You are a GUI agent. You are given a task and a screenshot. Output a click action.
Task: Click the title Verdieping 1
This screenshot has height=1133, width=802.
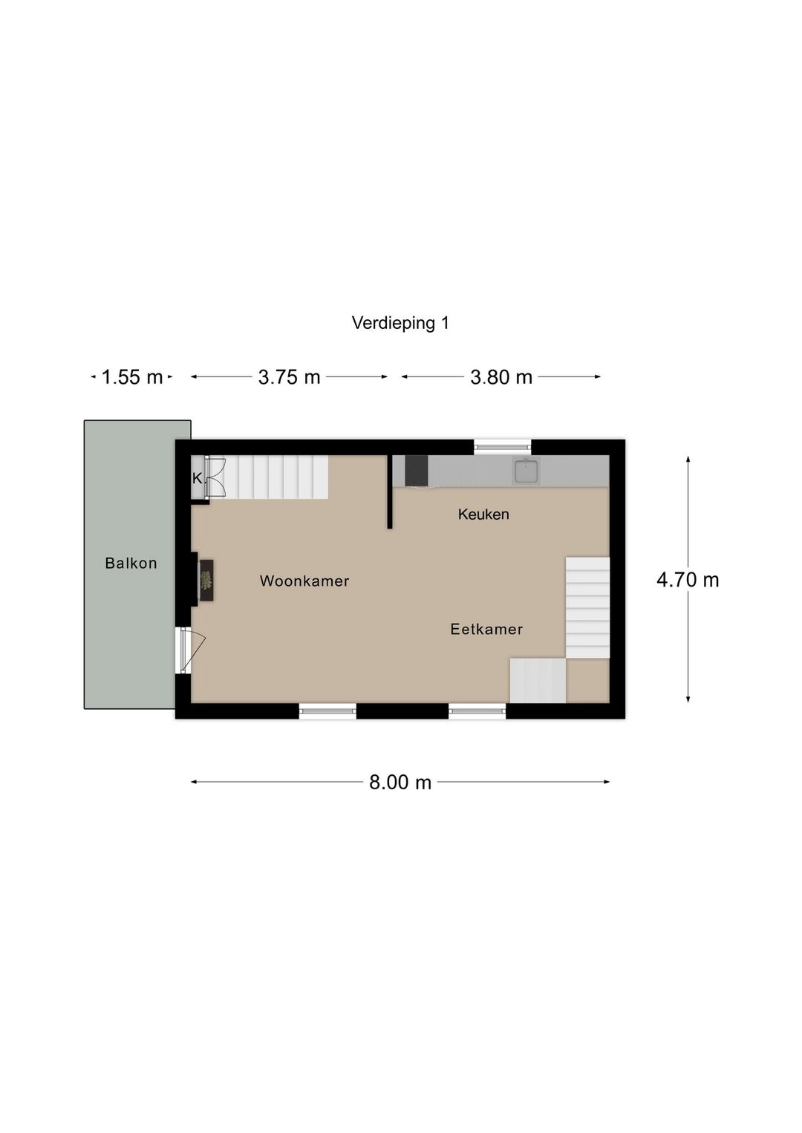[x=400, y=323]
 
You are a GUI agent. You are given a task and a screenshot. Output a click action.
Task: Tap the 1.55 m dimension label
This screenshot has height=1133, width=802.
[x=131, y=377]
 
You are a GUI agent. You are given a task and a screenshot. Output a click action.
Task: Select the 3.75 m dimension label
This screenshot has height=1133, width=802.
[x=289, y=377]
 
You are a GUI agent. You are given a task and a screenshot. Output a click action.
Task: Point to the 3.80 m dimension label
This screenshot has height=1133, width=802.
[x=501, y=377]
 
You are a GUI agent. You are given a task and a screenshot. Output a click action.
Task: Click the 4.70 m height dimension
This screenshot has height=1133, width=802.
[x=688, y=580]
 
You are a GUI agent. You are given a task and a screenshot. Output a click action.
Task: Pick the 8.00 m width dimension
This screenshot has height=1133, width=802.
[x=400, y=782]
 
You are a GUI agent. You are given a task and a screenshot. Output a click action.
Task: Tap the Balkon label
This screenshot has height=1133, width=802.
[x=131, y=563]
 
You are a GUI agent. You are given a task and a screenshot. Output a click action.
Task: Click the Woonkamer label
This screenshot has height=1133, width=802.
[x=304, y=581]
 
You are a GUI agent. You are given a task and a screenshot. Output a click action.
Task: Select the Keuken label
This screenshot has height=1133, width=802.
[x=483, y=514]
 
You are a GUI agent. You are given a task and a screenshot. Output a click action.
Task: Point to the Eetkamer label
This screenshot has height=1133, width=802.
[x=486, y=629]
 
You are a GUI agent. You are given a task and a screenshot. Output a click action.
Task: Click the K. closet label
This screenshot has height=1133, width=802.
[x=198, y=478]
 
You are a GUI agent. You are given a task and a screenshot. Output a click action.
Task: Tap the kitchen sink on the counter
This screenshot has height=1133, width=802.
[x=526, y=471]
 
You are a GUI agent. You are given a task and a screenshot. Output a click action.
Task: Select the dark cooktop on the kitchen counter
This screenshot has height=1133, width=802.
[x=416, y=471]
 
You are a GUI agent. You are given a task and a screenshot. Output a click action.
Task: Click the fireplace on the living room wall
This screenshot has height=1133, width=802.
[x=206, y=580]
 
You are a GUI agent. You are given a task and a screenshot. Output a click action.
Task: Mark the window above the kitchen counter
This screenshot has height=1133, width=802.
[x=503, y=446]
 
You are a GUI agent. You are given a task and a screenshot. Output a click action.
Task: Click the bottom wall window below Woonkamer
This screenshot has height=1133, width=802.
[x=327, y=711]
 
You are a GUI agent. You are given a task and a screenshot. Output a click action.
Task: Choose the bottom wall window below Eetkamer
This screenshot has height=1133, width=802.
[x=477, y=711]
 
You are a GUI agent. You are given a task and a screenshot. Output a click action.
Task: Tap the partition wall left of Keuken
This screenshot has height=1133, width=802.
[x=389, y=492]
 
